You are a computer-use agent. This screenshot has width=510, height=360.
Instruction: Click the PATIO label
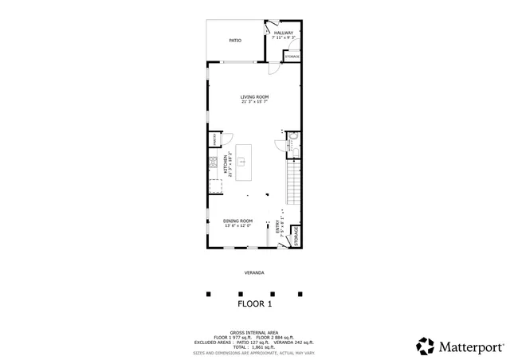tap(235, 40)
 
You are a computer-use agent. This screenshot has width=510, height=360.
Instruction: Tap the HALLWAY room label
tap(284, 33)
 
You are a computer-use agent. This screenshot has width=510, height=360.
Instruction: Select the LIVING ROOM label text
tap(255, 97)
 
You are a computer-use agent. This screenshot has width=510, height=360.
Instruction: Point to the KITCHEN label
tap(226, 166)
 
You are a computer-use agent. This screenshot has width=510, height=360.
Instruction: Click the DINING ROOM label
tap(238, 221)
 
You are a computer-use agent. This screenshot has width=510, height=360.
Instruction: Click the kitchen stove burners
tap(214, 162)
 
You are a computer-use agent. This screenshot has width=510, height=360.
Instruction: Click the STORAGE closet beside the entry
tap(296, 237)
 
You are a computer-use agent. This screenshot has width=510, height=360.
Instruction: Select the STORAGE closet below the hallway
tap(292, 57)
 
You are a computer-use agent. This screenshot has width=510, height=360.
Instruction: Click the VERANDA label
tap(255, 273)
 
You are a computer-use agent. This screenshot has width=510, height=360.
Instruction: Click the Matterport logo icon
tap(425, 346)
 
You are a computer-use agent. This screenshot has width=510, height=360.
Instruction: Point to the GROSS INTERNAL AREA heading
tap(255, 332)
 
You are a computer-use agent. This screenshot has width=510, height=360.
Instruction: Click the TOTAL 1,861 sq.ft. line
tap(255, 346)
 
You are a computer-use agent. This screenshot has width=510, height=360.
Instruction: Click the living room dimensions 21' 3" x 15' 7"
tap(255, 102)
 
